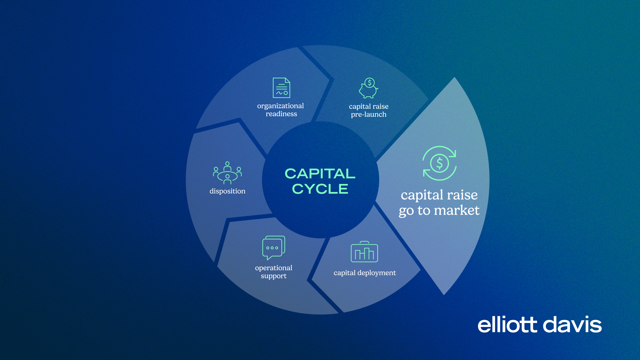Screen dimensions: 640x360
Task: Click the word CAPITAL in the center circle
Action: coord(320,173)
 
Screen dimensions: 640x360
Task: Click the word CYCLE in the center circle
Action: coord(320,189)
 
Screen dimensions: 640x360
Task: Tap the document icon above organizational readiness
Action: coord(281,88)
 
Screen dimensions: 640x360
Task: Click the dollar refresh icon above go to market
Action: coord(439,163)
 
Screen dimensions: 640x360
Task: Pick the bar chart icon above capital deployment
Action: coord(364,252)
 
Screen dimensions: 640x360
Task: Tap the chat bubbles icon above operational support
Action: coord(274,248)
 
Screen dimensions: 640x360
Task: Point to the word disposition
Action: coord(227,191)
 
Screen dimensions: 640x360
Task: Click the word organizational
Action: coord(280,106)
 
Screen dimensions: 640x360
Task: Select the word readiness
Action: coord(281,114)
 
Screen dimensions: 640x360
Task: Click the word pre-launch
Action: coord(369,115)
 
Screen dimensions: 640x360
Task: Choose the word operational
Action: coord(273,268)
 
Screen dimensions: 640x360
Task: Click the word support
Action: coord(274,276)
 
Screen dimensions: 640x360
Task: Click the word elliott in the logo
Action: coord(507,325)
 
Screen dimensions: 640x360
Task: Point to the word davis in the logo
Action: coord(572,325)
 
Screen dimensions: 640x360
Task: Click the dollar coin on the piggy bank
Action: coord(370,82)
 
